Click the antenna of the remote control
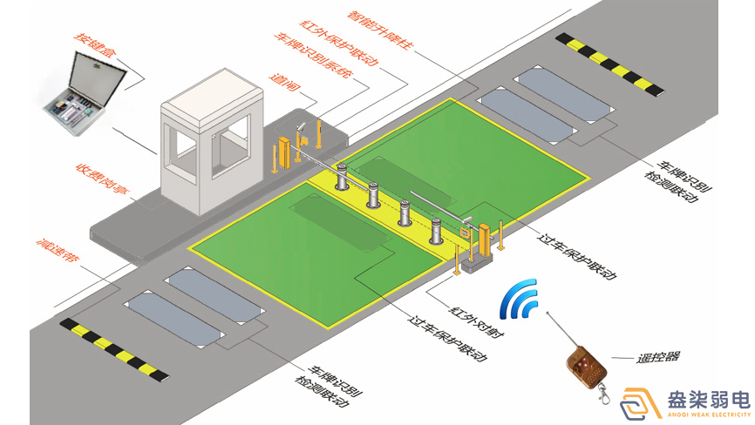click(558, 327)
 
